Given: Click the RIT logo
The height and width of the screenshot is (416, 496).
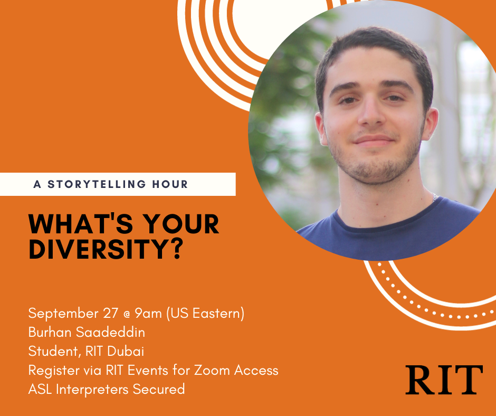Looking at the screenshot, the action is (444, 380).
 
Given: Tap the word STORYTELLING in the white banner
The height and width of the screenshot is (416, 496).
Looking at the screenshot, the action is (97, 184).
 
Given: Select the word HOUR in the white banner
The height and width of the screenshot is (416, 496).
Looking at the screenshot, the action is (170, 184).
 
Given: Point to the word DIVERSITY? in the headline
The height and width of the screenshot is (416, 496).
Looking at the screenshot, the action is (106, 249).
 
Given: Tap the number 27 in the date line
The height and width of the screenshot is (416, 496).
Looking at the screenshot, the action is (111, 313).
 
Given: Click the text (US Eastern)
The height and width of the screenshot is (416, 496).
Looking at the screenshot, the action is (205, 314).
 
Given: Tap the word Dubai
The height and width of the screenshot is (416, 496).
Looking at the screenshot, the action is (126, 351).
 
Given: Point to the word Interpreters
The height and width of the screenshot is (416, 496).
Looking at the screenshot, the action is (92, 390).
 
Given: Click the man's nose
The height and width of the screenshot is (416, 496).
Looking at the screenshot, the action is (372, 112).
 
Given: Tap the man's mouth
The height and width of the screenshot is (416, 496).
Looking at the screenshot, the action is (374, 140).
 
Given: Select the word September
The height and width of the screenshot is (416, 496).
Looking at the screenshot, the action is (63, 314).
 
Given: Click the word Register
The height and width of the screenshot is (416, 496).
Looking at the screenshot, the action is (54, 371).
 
